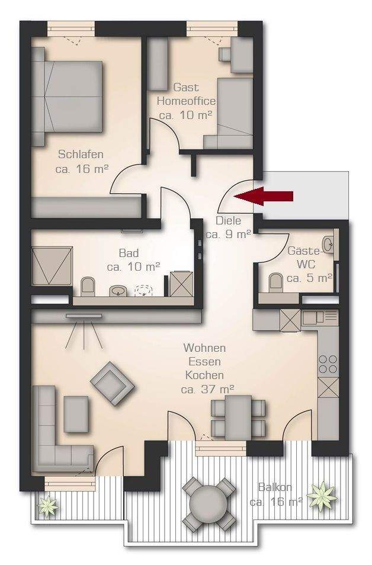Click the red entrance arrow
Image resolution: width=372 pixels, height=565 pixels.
point(263,197)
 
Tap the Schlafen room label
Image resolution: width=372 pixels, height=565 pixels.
point(81,155)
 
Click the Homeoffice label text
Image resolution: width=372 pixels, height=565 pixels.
point(186,101)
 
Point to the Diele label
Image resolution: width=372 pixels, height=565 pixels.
point(228,220)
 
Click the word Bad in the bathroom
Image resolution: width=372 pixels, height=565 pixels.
point(129,253)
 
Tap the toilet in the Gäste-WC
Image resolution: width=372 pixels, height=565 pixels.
point(276,281)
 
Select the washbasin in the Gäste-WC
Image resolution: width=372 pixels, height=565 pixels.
point(329,245)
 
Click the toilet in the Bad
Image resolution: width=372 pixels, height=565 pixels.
point(87,287)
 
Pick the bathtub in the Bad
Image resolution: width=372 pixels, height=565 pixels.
point(52,265)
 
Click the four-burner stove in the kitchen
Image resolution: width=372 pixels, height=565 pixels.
point(328,364)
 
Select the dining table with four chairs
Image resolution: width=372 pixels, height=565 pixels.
point(238,417)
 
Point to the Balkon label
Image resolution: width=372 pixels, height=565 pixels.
point(275,487)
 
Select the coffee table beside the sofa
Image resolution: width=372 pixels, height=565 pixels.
point(76,414)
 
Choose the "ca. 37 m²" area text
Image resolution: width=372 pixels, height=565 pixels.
point(208,390)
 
